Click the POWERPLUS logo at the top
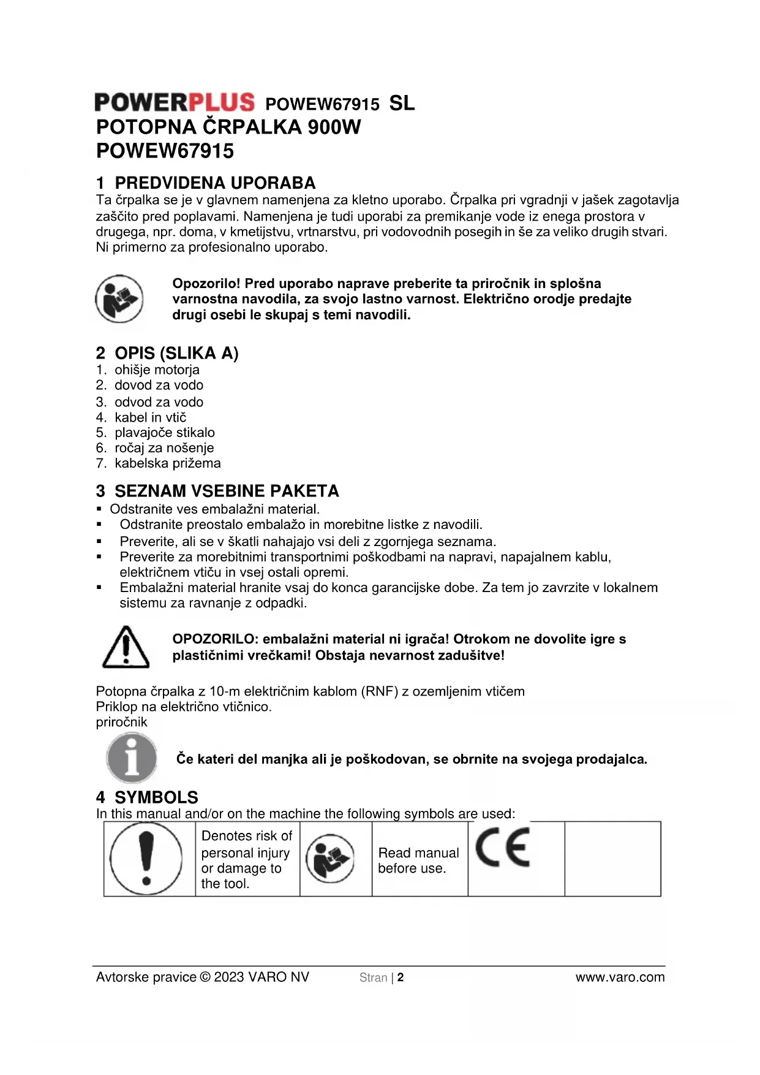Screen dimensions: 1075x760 coord(175,102)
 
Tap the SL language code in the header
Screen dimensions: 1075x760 coord(402,103)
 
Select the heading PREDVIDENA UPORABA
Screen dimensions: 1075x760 coord(215,183)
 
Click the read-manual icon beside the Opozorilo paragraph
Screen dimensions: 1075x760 coord(119,299)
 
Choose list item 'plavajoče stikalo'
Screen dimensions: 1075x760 coord(164,432)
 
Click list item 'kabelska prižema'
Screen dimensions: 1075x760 coord(167,463)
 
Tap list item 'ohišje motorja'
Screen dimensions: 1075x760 coord(157,370)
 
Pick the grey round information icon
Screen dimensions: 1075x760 coord(131,758)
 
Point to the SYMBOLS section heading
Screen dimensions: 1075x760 coord(156,797)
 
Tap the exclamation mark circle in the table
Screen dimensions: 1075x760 coord(146,859)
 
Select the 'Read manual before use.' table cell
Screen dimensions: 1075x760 coord(419,860)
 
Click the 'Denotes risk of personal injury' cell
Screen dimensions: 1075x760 coord(247,859)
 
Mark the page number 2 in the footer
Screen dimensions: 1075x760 coord(401,978)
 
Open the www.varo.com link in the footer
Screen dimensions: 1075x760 coord(620,978)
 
